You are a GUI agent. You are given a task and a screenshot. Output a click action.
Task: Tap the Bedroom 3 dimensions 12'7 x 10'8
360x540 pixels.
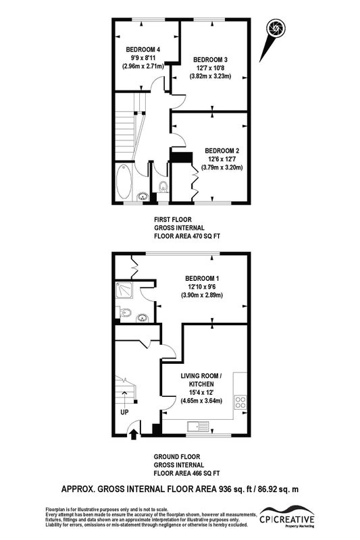pyautogui.click(x=210, y=68)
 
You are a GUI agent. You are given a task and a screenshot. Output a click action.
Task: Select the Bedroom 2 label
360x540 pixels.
pyautogui.click(x=222, y=151)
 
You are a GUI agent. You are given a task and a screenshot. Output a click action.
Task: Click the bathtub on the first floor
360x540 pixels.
pyautogui.click(x=124, y=182)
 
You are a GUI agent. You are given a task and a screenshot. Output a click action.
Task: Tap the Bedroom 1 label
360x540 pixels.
pyautogui.click(x=202, y=279)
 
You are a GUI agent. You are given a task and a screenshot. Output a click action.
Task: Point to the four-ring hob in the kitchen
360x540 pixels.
pyautogui.click(x=241, y=402)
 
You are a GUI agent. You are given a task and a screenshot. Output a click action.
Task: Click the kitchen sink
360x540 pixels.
pyautogui.click(x=198, y=427)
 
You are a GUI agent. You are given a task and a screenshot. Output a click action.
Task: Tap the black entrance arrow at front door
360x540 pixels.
pyautogui.click(x=134, y=434)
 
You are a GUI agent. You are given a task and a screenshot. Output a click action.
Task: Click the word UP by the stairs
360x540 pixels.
pyautogui.click(x=124, y=412)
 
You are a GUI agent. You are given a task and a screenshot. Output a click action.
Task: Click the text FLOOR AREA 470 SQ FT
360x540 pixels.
pyautogui.click(x=187, y=236)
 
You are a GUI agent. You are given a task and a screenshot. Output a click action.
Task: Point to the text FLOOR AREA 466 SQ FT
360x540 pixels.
pyautogui.click(x=186, y=473)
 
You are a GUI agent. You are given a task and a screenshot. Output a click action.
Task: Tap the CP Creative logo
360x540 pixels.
pyautogui.click(x=287, y=516)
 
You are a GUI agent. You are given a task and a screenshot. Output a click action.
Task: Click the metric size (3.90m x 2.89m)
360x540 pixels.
pyautogui.click(x=202, y=295)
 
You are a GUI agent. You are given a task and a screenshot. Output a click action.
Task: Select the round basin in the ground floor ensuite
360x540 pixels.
pyautogui.click(x=143, y=318)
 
